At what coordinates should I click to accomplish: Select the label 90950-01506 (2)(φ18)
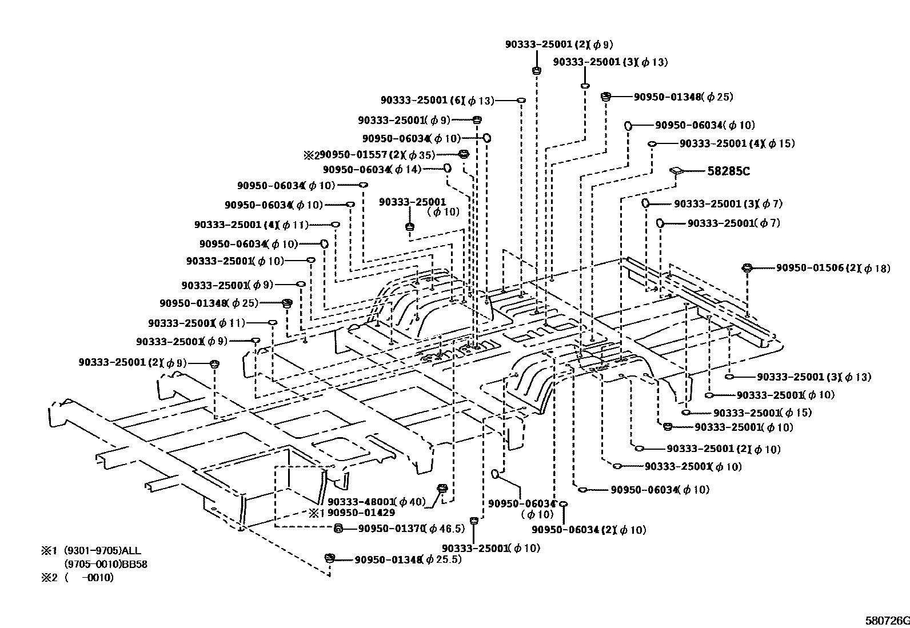[832, 268]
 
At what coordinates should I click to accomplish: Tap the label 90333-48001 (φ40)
[377, 502]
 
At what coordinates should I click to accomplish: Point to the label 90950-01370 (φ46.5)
[401, 529]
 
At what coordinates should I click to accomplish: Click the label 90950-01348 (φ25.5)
[408, 559]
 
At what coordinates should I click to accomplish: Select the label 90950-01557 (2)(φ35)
[369, 155]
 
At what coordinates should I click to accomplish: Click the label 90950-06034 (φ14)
[372, 169]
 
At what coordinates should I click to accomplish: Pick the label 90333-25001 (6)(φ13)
[437, 101]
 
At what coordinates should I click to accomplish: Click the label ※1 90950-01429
[352, 513]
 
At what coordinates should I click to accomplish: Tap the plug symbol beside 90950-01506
[747, 268]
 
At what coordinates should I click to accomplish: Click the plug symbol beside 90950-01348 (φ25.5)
[329, 558]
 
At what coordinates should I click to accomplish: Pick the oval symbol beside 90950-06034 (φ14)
[448, 168]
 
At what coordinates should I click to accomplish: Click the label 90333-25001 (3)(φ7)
[728, 204]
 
